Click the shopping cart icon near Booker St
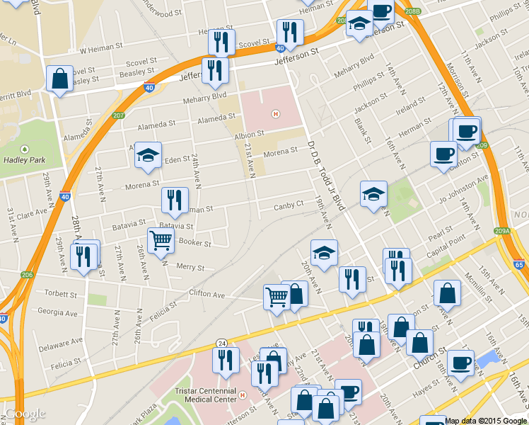point(161,242)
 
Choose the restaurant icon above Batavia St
point(175,200)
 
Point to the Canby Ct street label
point(289,205)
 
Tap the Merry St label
point(190,268)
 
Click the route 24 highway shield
point(222,344)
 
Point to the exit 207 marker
point(118,115)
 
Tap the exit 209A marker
point(502,230)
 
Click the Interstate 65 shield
point(519,265)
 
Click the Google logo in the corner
point(25,414)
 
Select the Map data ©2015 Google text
point(486,421)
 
